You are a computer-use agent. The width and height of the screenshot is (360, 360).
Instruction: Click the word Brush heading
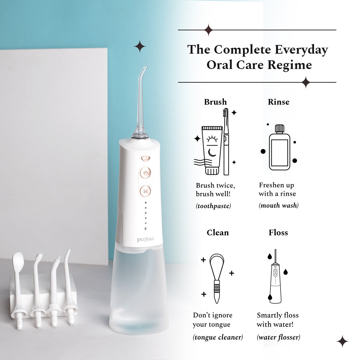215,102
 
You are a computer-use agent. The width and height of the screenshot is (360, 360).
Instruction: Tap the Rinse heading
278,102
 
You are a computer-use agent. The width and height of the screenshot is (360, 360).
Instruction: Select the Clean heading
218,233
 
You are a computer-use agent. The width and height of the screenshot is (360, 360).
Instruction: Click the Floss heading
278,233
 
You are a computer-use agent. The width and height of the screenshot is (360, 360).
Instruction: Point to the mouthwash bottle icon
279,148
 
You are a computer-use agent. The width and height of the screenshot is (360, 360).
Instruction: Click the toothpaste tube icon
212,150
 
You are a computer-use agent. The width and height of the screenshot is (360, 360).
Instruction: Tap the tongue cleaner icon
217,278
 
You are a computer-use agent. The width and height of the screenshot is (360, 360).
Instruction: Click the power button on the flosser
145,173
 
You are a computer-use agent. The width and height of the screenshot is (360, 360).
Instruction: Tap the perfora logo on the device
145,239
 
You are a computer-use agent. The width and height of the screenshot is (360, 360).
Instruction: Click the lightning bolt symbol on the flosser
145,229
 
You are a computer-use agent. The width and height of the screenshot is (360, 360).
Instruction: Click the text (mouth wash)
279,206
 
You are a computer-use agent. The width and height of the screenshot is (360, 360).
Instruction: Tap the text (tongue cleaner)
218,337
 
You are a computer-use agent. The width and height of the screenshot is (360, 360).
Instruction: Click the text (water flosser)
278,337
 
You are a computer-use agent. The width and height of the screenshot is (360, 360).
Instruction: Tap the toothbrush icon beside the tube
226,142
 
